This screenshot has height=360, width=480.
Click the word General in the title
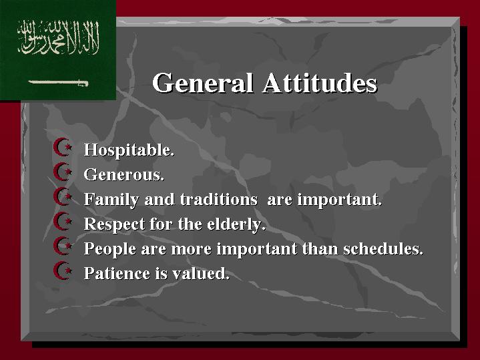coord(203,83)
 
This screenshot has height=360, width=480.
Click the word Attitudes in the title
coord(320,83)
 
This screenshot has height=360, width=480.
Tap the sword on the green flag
coord(58,83)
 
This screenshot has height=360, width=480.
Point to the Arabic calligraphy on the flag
coord(58,37)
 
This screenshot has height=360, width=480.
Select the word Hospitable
coord(129,150)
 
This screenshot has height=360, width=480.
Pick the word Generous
coord(124,174)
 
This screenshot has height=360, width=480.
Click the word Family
coord(111,200)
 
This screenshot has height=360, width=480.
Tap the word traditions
coord(218,200)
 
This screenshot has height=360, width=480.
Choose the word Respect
coord(114,224)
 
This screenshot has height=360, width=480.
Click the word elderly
coord(236,224)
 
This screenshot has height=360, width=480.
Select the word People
coord(110,248)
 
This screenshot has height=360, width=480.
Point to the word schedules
coord(383,248)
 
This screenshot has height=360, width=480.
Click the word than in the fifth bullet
coord(321,248)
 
